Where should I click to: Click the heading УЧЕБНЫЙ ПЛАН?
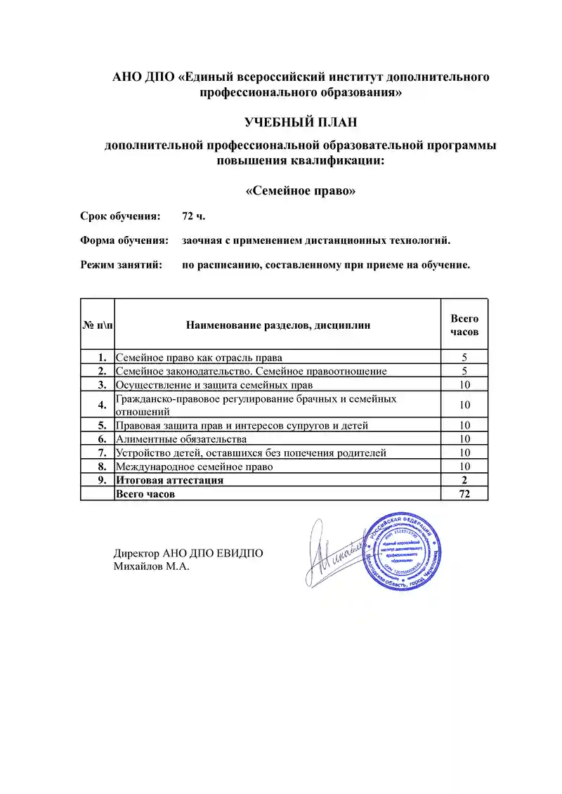click(301, 122)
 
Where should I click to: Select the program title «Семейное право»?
click(301, 190)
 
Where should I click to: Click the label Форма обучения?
click(124, 240)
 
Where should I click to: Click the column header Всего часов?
click(464, 325)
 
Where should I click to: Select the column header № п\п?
click(98, 325)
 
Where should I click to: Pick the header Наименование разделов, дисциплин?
click(278, 325)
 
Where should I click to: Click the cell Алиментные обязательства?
click(181, 439)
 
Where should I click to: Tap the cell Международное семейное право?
click(194, 467)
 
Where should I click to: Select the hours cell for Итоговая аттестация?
click(464, 480)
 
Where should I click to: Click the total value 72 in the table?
click(464, 494)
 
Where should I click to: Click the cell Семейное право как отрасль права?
click(199, 357)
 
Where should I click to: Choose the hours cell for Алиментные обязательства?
click(464, 439)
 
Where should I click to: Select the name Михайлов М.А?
click(152, 566)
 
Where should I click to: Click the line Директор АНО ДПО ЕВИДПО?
click(188, 553)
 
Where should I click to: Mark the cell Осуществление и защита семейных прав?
click(214, 384)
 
